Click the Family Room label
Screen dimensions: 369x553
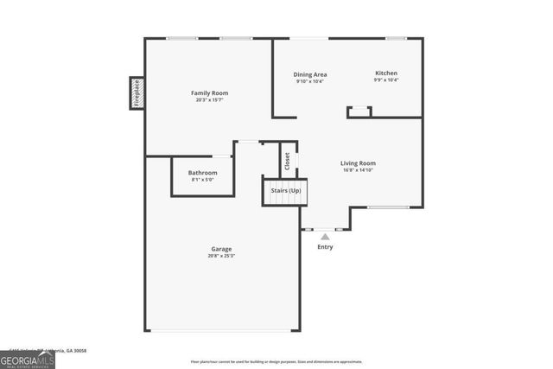pos(209,92)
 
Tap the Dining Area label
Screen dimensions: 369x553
pos(309,74)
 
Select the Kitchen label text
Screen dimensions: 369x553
pos(386,73)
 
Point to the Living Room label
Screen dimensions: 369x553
pos(358,162)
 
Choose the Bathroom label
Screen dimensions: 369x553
pos(203,173)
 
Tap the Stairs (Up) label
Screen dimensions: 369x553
pos(286,189)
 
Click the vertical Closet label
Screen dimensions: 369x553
pos(288,160)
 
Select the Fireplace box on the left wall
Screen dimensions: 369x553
pos(136,93)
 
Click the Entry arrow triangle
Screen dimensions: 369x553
pos(325,236)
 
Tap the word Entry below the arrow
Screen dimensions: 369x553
pos(325,247)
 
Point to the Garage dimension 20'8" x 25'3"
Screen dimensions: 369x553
pos(221,256)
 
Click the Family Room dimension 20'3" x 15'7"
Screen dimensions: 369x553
pos(209,100)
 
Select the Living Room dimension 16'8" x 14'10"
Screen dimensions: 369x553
pos(358,170)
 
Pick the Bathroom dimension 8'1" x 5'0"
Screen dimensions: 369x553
pos(203,181)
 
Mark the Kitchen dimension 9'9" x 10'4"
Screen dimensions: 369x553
pos(386,81)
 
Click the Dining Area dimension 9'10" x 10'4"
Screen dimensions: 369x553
pos(309,82)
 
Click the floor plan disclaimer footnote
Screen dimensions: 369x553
pos(276,362)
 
